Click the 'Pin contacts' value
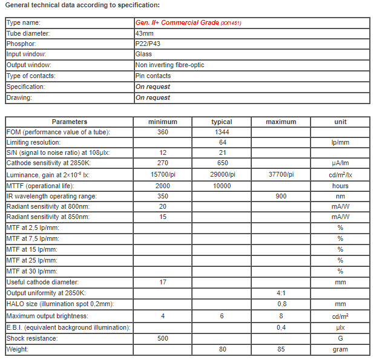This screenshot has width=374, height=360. (153, 76)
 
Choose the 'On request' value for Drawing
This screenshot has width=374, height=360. (153, 97)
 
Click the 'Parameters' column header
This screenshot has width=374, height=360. (70, 122)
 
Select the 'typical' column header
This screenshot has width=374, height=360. (222, 122)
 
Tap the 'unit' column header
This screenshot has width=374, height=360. (340, 122)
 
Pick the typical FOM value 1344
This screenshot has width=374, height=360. (222, 133)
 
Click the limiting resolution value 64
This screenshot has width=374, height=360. (222, 143)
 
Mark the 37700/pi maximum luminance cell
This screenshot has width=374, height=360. (281, 175)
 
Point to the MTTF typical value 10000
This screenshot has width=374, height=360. (222, 186)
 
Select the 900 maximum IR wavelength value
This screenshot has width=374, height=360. (281, 196)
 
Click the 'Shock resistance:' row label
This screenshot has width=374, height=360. (32, 339)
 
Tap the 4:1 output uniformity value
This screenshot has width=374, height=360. (281, 293)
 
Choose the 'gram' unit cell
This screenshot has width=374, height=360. (340, 350)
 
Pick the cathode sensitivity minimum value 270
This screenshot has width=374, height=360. (163, 163)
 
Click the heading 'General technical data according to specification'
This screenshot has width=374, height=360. (82, 5)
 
